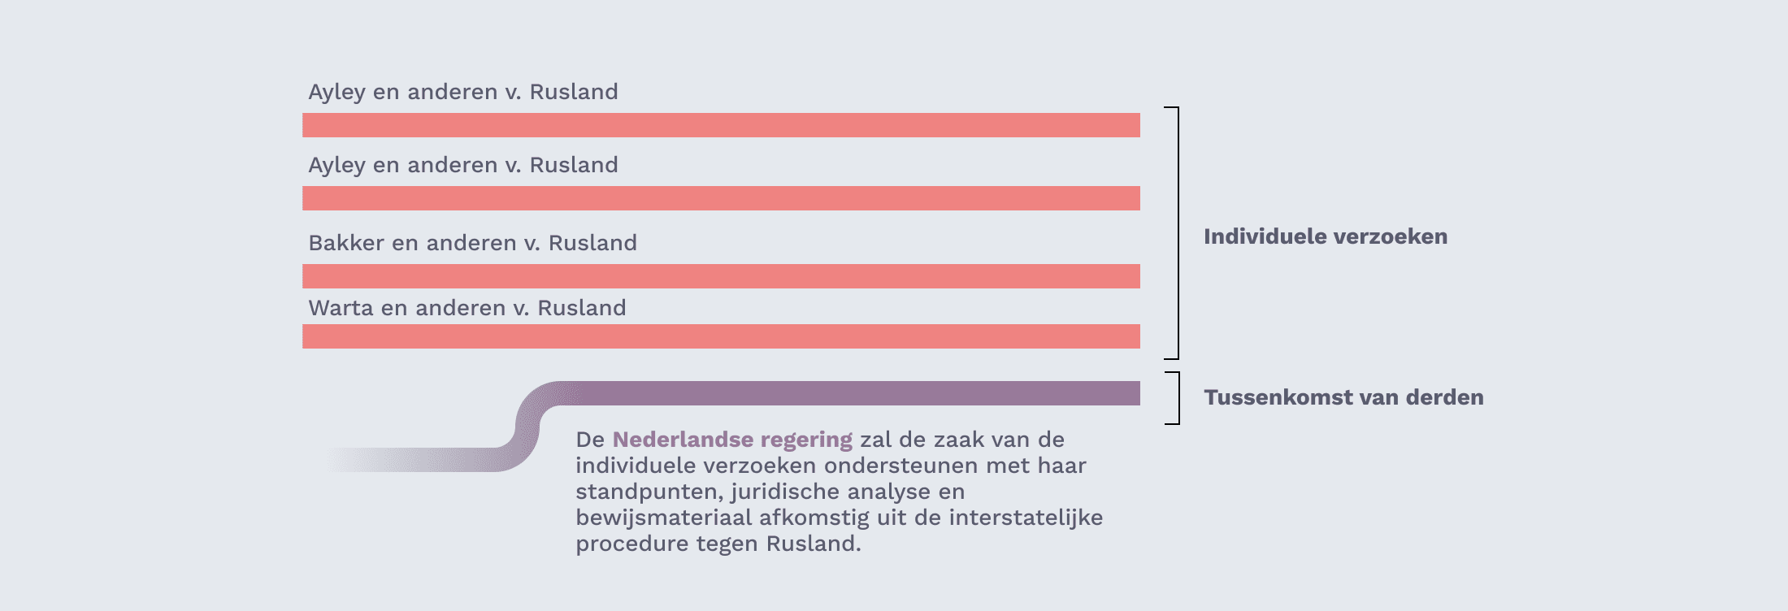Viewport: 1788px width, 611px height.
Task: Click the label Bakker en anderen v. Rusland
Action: pyautogui.click(x=472, y=243)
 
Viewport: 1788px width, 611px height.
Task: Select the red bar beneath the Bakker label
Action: pyautogui.click(x=721, y=276)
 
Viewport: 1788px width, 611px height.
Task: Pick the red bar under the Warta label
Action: pyautogui.click(x=721, y=336)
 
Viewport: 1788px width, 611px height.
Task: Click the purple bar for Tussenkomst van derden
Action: pyautogui.click(x=845, y=393)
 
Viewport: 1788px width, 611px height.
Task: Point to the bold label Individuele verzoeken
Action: pyautogui.click(x=1326, y=236)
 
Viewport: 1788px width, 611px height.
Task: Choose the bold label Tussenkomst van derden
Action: pyautogui.click(x=1343, y=397)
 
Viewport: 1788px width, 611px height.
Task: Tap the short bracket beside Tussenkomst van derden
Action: pyautogui.click(x=1178, y=398)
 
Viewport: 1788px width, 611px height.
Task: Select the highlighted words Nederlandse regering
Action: pyautogui.click(x=732, y=440)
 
